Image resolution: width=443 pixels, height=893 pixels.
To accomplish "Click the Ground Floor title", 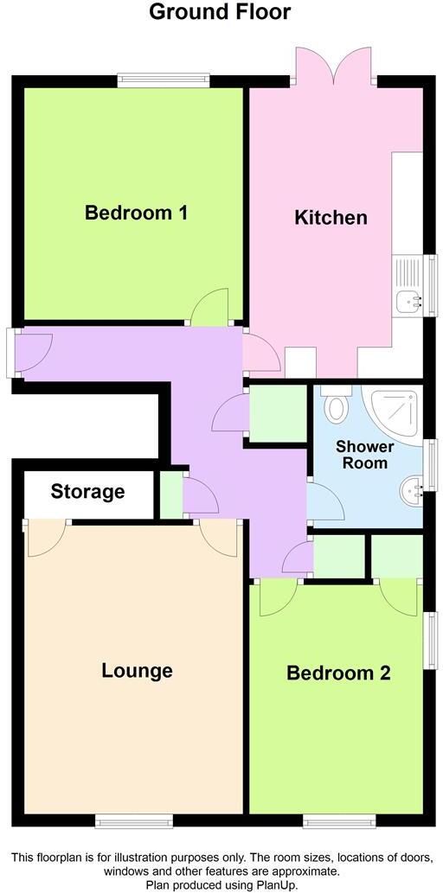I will (x=220, y=12).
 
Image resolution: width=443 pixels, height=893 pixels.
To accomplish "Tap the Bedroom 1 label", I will (x=137, y=213).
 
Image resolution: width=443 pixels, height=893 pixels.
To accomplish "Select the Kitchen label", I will (x=331, y=217).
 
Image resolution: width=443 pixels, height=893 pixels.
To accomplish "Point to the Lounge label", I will (x=137, y=670).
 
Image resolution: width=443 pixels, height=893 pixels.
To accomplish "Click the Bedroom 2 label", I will (x=338, y=673).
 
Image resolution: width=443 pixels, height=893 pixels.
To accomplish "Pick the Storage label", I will (x=87, y=492).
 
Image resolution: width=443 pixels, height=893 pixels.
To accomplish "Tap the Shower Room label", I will (x=364, y=455).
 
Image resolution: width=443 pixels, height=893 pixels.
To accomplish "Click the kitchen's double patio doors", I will (x=335, y=66).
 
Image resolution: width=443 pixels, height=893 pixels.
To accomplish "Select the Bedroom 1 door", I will (x=210, y=309).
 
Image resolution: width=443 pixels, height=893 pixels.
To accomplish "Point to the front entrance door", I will (x=33, y=353).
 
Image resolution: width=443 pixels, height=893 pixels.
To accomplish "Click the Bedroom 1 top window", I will (x=164, y=80).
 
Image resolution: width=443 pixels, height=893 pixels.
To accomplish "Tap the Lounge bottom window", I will (x=132, y=820).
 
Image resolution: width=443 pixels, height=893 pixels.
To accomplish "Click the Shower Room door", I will (x=322, y=502).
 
